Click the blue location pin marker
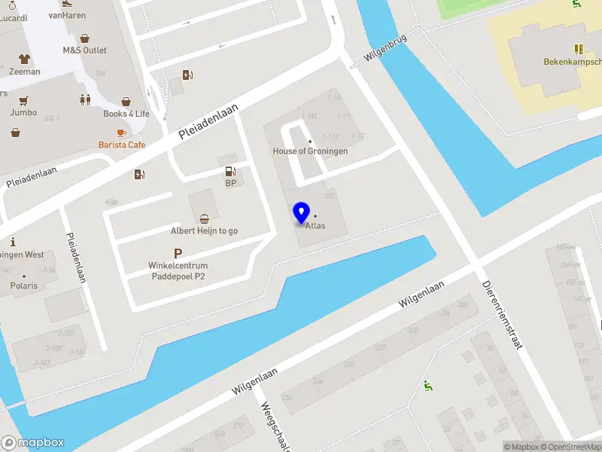[301, 214]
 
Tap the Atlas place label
[315, 225]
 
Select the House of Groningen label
[310, 151]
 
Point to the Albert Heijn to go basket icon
[204, 219]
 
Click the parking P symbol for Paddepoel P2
[178, 254]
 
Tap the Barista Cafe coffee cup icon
[121, 133]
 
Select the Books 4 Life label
[126, 114]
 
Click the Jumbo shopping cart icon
[23, 101]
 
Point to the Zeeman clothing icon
[25, 59]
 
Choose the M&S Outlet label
[84, 50]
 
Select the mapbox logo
[33, 443]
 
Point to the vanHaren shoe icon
[67, 2]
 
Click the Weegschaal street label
[275, 426]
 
